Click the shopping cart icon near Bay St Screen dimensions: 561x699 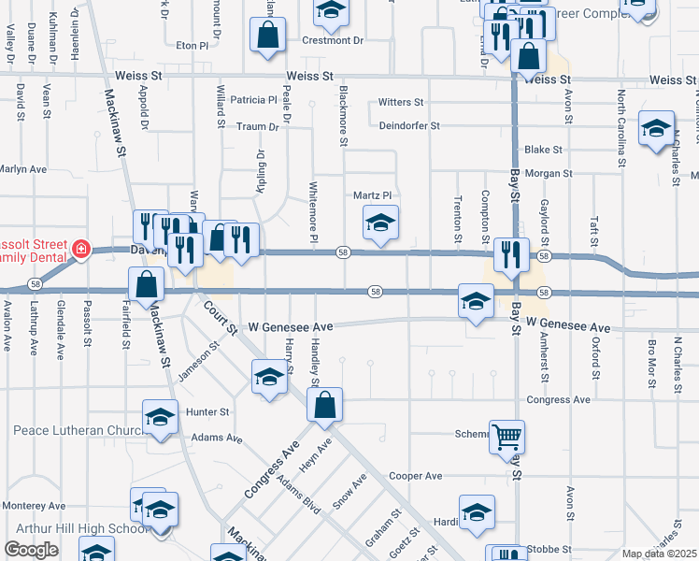506,436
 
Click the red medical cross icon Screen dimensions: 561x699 81,250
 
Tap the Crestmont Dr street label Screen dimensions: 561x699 332,41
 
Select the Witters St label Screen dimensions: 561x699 401,103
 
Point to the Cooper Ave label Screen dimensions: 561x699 415,476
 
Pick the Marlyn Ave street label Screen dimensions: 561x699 23,169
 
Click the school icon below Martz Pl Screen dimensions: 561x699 380,224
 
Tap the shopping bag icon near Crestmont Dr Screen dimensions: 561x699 268,35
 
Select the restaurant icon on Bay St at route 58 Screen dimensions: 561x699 510,254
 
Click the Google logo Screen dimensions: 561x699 32,551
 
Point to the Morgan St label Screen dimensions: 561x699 548,174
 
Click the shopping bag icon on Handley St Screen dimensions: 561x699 324,406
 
